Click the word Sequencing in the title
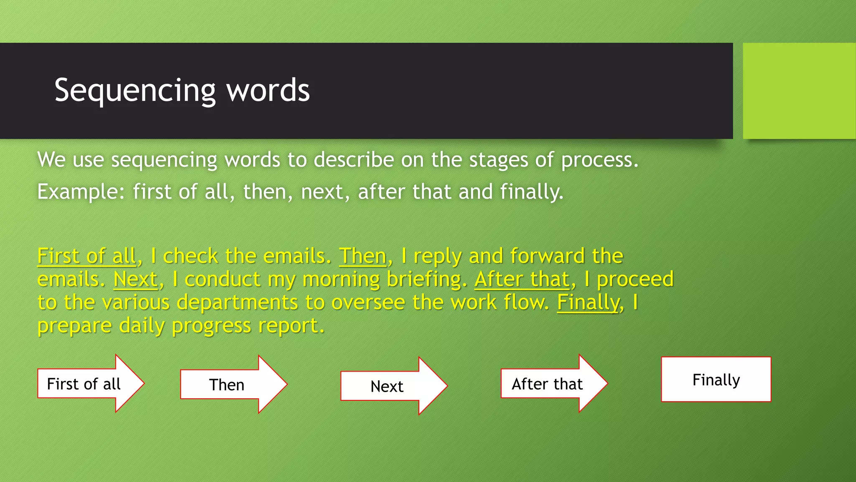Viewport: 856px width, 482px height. click(x=135, y=91)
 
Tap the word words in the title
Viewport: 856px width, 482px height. click(x=268, y=91)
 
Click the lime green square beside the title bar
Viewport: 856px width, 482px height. click(x=799, y=91)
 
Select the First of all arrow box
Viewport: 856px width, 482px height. click(x=84, y=384)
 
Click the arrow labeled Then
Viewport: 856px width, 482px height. click(x=227, y=385)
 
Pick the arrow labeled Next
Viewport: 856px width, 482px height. click(x=387, y=386)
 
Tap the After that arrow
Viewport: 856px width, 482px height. click(x=547, y=384)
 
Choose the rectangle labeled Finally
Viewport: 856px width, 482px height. click(x=716, y=379)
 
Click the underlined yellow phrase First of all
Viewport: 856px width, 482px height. click(x=87, y=256)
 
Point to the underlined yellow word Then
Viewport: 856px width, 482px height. click(x=362, y=256)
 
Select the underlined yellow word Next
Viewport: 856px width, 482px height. click(x=135, y=279)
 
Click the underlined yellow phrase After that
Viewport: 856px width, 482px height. click(x=522, y=279)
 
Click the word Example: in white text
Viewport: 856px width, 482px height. click(x=81, y=192)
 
